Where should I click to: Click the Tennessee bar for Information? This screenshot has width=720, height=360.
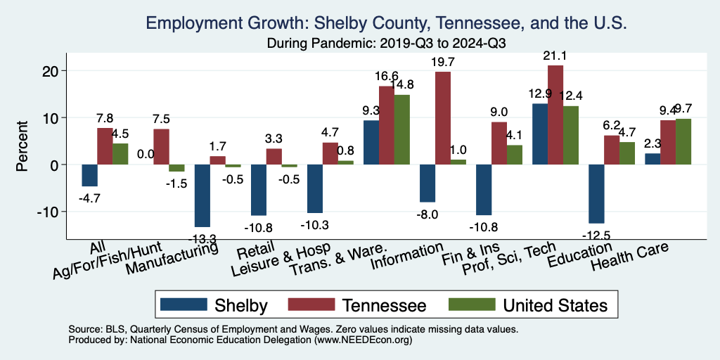tap(443, 118)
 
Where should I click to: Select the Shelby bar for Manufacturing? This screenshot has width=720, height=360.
tap(202, 195)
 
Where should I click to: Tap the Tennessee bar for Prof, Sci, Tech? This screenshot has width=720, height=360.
tap(555, 115)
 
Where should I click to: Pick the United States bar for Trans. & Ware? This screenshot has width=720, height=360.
tap(402, 129)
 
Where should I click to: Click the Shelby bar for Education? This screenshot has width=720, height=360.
tap(596, 193)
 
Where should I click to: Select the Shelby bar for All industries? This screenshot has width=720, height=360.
tap(89, 175)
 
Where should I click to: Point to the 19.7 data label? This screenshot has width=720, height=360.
tap(444, 63)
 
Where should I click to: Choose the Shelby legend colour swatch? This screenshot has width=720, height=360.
tap(184, 304)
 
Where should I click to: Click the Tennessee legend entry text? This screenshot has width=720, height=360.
tap(384, 305)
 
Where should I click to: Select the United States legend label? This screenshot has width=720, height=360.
tap(555, 305)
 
